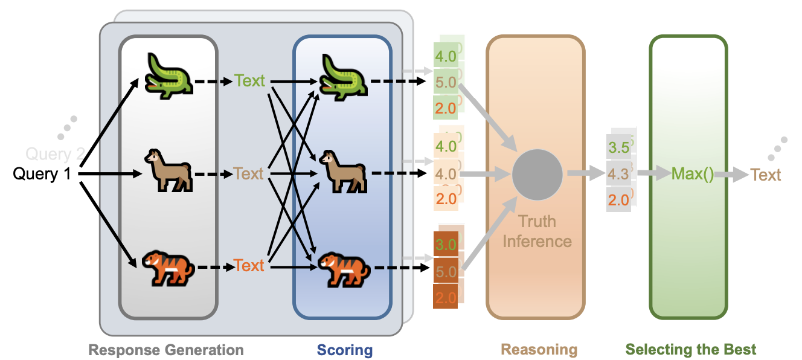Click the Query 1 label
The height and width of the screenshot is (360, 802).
(x=42, y=174)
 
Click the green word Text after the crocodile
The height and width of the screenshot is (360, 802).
(x=250, y=81)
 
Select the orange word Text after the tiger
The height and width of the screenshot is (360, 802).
(x=249, y=266)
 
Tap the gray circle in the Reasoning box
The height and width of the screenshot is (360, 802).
(x=537, y=174)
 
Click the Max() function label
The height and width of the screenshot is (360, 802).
(x=692, y=175)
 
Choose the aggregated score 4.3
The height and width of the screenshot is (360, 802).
(x=618, y=174)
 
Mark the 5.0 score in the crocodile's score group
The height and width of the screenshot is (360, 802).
(x=446, y=83)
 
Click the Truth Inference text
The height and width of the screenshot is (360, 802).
(x=537, y=231)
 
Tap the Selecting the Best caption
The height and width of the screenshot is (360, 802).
(x=690, y=350)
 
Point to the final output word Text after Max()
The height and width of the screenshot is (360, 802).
(x=766, y=175)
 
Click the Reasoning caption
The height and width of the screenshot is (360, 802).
(x=539, y=350)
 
